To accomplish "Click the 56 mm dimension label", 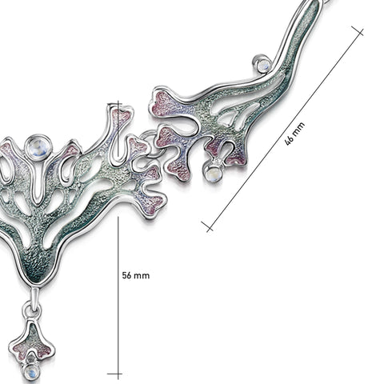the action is (136, 275).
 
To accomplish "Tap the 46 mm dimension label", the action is (295, 134).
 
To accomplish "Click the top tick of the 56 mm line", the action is (114, 103).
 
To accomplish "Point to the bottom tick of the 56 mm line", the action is (114, 374).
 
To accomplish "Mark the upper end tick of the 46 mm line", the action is (358, 31).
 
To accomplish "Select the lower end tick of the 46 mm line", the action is (207, 226).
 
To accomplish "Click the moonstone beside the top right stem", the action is (262, 63).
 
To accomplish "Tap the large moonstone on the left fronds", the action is (38, 148).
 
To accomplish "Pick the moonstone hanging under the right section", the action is (213, 173).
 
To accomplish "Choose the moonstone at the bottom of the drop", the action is (31, 371).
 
